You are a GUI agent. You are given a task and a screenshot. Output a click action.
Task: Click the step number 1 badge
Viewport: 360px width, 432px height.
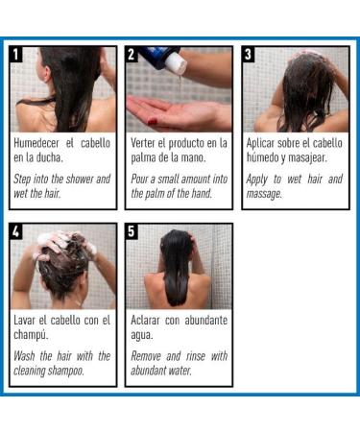click(15, 54)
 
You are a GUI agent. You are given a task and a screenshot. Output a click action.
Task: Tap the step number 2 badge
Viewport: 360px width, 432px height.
click(132, 54)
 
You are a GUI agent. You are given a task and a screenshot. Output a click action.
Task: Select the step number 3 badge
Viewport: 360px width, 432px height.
click(249, 54)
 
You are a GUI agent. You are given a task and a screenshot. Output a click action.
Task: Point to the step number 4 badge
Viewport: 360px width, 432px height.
click(15, 231)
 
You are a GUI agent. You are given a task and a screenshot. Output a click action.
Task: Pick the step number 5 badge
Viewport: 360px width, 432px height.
click(132, 231)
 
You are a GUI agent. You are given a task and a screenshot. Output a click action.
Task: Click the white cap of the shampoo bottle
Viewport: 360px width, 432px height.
click(177, 62)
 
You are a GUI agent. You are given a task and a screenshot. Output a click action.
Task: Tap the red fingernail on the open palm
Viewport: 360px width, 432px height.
click(153, 122)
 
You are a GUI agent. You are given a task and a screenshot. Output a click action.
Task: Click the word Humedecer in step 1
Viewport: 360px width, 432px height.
click(36, 143)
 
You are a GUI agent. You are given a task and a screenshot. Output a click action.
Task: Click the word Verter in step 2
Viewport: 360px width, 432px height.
click(143, 143)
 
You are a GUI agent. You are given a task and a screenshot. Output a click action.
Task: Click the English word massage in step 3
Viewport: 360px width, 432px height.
click(264, 194)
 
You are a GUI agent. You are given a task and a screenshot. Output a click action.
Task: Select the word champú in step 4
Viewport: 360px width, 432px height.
click(31, 335)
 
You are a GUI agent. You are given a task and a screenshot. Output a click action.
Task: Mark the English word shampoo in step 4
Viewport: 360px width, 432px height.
click(66, 372)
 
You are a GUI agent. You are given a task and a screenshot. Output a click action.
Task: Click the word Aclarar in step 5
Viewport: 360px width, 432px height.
click(145, 320)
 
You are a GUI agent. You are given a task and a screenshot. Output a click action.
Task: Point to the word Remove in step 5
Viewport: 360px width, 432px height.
click(146, 356)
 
